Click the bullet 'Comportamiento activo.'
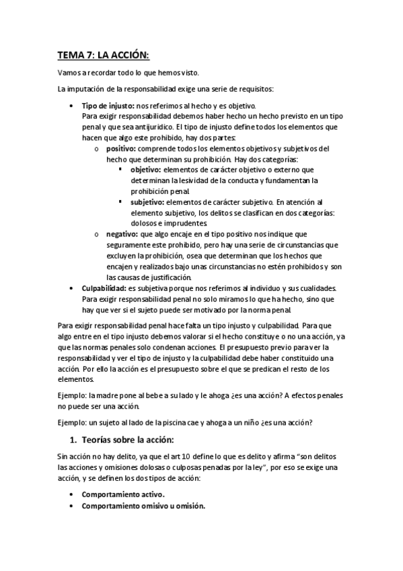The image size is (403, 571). click(x=123, y=494)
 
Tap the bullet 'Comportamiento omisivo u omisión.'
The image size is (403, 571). click(x=143, y=506)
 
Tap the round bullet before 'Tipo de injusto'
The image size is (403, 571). click(x=72, y=106)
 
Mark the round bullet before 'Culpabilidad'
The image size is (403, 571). click(x=72, y=288)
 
